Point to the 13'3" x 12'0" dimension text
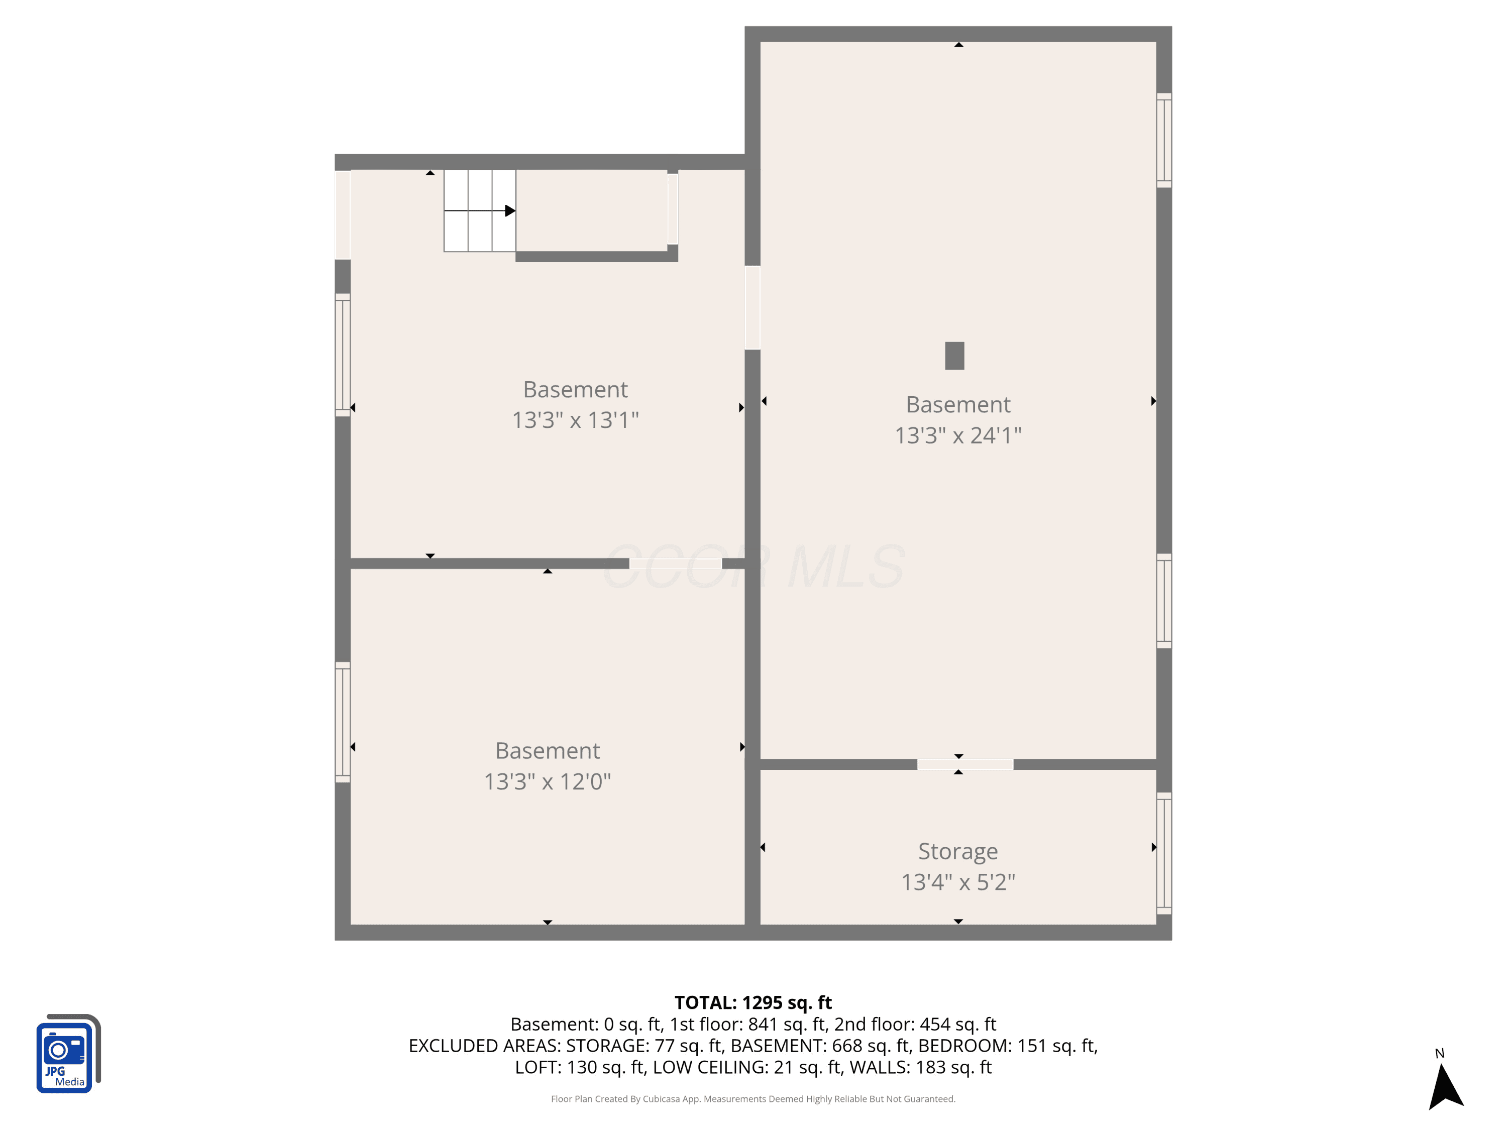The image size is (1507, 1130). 548,781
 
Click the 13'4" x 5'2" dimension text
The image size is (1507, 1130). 958,882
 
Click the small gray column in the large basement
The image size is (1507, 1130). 954,356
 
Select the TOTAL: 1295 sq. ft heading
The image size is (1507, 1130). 753,1002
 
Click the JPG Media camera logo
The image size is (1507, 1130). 68,1053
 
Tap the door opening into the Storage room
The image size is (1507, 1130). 964,764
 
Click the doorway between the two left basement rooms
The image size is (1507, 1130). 675,563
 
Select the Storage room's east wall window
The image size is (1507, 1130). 1163,853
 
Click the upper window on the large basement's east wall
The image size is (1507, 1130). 1163,140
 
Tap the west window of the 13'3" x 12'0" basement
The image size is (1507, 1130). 343,722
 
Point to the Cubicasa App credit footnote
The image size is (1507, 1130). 753,1099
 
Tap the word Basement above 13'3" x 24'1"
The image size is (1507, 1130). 958,405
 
